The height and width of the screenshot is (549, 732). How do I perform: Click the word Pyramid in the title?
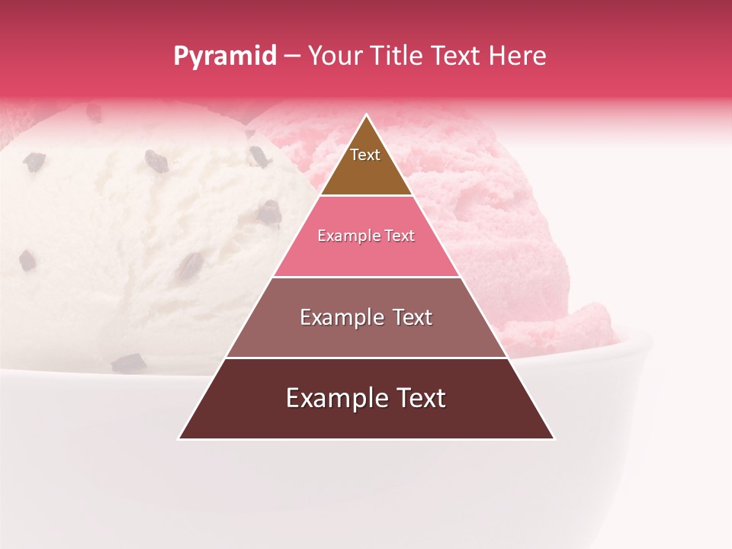point(224,56)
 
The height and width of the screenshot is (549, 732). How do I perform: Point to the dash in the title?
point(292,56)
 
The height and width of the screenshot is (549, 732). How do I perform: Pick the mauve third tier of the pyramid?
point(366,336)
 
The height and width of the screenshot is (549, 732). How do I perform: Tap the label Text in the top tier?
point(365,155)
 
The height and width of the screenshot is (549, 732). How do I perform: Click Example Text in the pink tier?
point(366,236)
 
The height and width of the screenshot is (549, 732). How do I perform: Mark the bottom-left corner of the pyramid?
point(179,438)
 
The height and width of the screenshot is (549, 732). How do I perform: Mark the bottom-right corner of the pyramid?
point(554,438)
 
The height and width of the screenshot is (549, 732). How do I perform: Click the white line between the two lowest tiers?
point(366,358)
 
